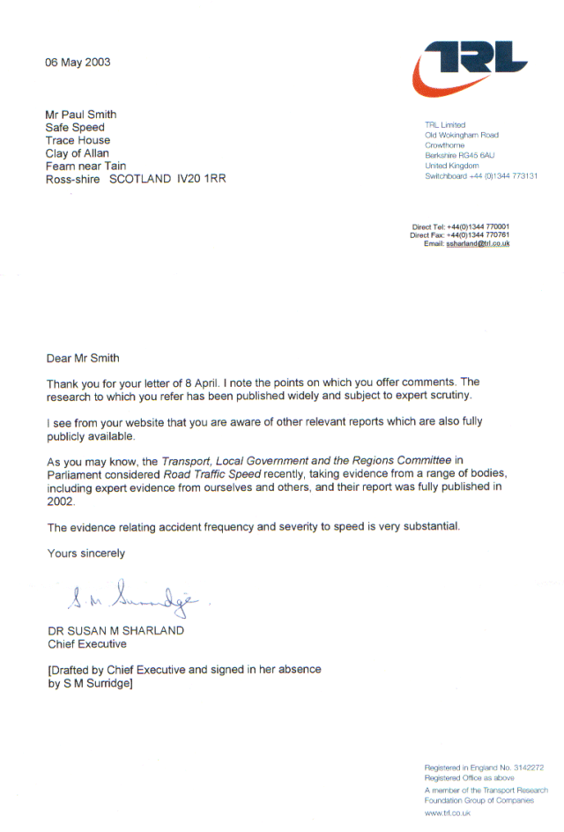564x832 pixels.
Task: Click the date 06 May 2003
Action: tap(78, 63)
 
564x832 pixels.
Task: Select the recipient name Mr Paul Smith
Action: tap(81, 115)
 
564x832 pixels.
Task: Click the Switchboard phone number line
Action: tap(480, 176)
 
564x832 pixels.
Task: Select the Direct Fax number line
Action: tap(459, 235)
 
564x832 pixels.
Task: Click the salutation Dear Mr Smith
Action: tap(82, 358)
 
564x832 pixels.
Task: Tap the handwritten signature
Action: tap(132, 601)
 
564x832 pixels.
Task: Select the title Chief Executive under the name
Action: tap(86, 644)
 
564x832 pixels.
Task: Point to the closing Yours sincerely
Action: tap(85, 553)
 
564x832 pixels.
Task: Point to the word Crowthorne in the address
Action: tap(445, 145)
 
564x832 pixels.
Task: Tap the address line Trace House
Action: tap(78, 140)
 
